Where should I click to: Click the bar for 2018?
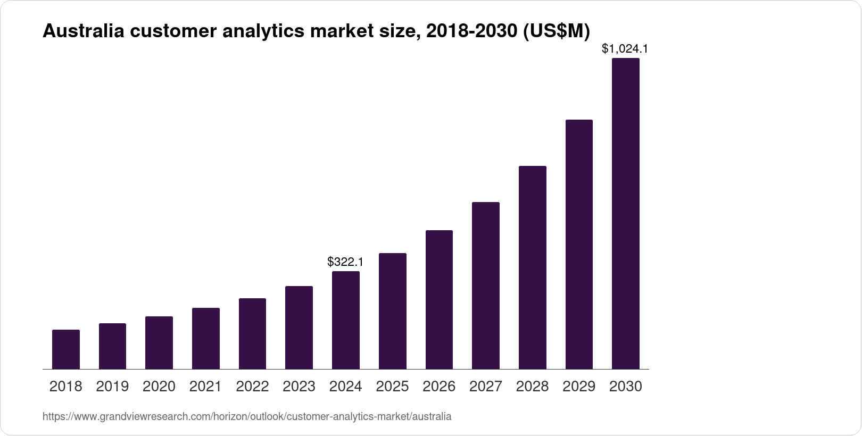point(66,349)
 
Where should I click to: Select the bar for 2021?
point(206,338)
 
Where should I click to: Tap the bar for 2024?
point(346,320)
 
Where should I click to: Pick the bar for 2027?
point(486,286)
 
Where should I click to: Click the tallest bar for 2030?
point(626,213)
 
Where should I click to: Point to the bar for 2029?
point(579,244)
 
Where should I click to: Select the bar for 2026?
point(439,299)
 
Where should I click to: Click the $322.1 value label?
point(345,262)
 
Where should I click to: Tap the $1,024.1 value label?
point(625,49)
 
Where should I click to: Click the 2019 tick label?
point(112,387)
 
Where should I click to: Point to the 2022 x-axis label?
point(252,387)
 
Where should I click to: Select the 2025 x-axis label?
point(392,387)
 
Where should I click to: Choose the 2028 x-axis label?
point(532,387)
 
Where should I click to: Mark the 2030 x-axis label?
point(626,387)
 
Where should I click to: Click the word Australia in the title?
point(84,31)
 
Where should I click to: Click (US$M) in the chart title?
point(557,31)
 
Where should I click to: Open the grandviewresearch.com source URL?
point(247,417)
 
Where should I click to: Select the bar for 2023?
point(299,328)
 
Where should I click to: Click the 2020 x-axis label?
point(159,387)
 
